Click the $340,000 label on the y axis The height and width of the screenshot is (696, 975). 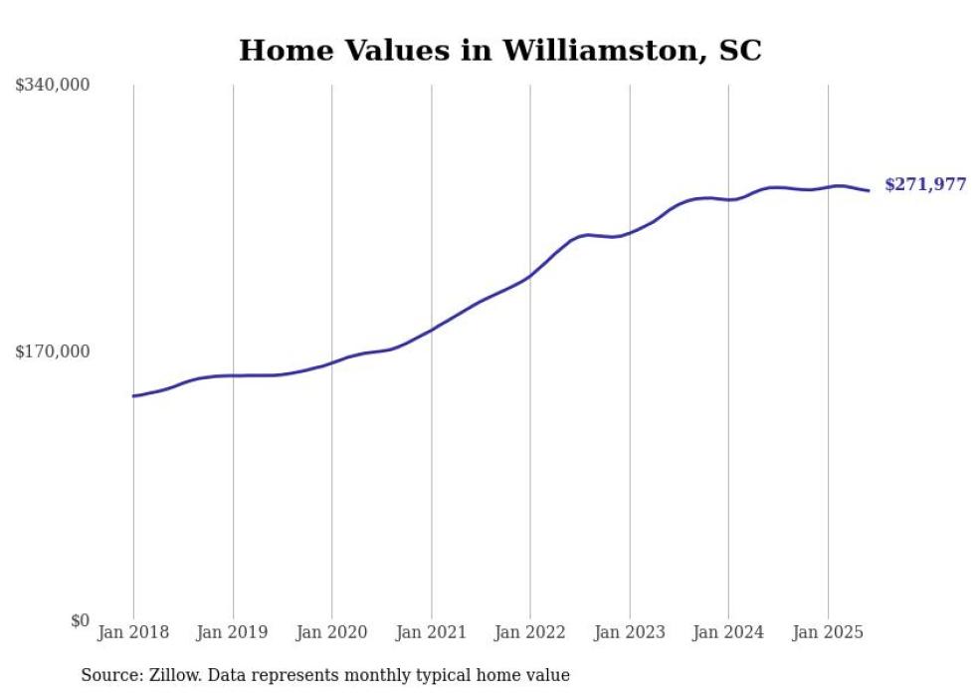click(53, 86)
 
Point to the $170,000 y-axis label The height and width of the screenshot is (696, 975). click(53, 351)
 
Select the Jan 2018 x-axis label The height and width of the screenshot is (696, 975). click(133, 632)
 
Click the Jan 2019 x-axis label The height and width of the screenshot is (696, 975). click(233, 632)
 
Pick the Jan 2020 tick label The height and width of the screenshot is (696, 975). click(331, 632)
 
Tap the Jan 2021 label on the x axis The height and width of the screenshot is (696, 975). click(431, 632)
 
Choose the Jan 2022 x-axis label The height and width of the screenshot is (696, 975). click(530, 632)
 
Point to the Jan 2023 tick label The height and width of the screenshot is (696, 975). click(629, 632)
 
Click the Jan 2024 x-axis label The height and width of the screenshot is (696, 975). click(728, 632)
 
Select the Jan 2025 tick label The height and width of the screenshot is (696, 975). click(828, 632)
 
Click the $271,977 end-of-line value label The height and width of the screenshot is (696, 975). click(925, 184)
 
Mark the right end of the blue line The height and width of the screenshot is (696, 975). click(869, 190)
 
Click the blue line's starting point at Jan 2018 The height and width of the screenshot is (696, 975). click(133, 396)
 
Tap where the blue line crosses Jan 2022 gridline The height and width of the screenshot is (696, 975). click(530, 276)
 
